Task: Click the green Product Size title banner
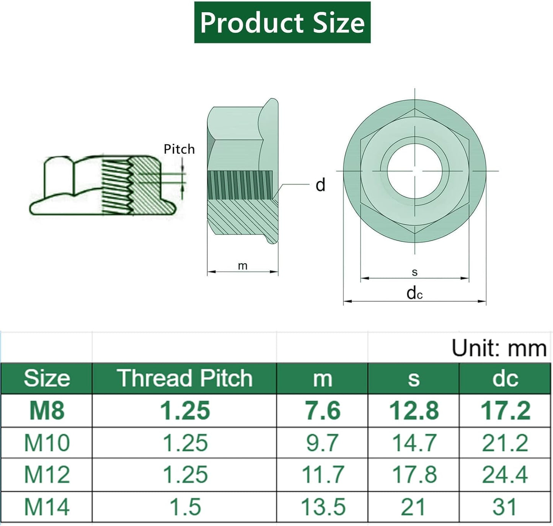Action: coord(282,22)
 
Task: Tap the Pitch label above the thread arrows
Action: coord(179,149)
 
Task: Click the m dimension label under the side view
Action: coord(243,266)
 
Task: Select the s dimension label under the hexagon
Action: coord(414,272)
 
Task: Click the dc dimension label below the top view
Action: coord(414,293)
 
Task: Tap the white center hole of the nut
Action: coord(414,171)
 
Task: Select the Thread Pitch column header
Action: coord(184,378)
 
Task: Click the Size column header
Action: coord(47,378)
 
